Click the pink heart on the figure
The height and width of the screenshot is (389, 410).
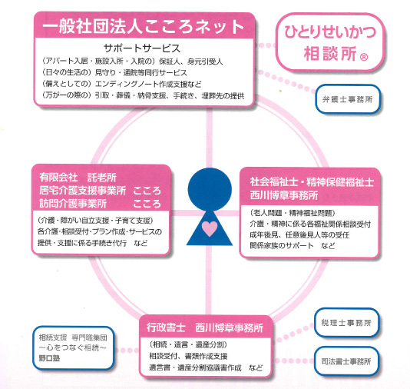coord(210,228)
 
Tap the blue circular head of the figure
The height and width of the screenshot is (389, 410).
coord(210,189)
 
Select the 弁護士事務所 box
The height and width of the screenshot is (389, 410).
coord(348,99)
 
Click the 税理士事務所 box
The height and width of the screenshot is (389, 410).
coord(346,323)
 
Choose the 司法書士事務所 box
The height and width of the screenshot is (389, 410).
coord(346,361)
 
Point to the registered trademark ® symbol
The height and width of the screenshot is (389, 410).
coord(364,57)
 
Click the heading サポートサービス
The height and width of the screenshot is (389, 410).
coord(142,48)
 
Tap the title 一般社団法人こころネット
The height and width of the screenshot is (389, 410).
coord(144,26)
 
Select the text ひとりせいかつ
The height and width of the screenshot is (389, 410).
coord(330,32)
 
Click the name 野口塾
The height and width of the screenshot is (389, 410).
coord(49,357)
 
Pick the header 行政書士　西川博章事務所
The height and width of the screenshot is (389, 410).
coord(205,327)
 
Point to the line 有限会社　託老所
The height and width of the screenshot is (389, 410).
coord(78,178)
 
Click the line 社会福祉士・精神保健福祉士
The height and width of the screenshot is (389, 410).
coord(312,182)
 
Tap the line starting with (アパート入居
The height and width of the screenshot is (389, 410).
coord(133,62)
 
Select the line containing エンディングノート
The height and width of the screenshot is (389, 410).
coord(122,84)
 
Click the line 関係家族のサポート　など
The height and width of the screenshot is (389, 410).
coord(293,245)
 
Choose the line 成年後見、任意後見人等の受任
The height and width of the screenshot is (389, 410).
coord(299,234)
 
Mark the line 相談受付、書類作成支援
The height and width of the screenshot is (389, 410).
coord(188,356)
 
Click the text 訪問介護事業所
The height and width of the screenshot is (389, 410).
coord(73,204)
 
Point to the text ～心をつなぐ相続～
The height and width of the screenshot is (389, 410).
coord(73,347)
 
